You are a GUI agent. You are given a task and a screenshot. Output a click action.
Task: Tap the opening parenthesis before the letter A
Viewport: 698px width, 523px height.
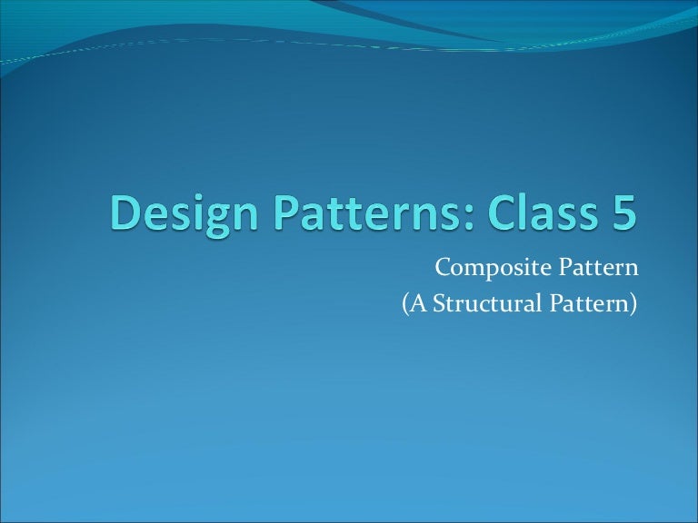click(x=405, y=306)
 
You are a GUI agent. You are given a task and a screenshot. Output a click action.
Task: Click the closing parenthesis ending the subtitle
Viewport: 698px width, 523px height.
click(x=633, y=306)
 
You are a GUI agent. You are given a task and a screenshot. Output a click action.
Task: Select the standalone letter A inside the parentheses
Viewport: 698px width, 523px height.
click(x=418, y=305)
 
